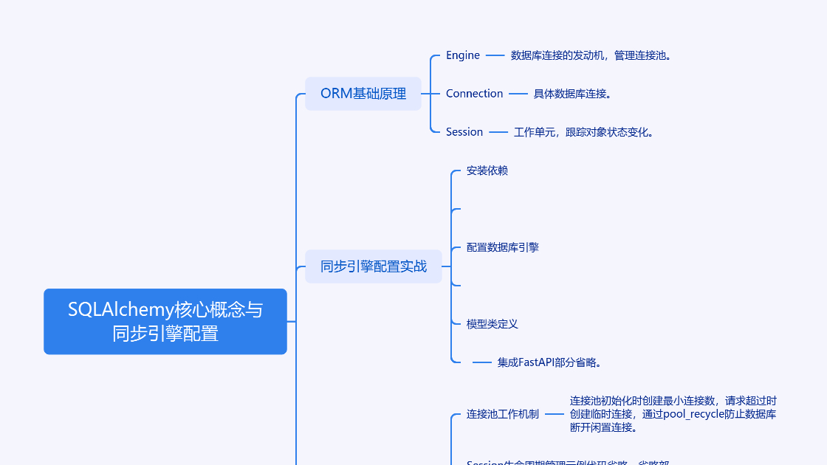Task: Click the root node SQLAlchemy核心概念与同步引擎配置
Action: [x=165, y=321]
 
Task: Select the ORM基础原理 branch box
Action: [x=363, y=94]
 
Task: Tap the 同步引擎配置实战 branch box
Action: [x=373, y=266]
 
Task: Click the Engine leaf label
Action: [x=463, y=55]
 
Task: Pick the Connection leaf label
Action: [x=474, y=94]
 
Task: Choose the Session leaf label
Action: [x=464, y=132]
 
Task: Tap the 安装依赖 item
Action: [x=487, y=170]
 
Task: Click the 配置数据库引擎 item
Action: [x=503, y=247]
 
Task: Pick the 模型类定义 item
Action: [x=493, y=324]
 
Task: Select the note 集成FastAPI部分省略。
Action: [x=550, y=362]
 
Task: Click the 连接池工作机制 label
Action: [x=503, y=414]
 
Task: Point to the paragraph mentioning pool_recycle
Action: [x=673, y=414]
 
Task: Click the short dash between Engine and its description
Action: [x=495, y=55]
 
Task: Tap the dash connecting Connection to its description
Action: [x=518, y=94]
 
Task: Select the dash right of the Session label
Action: [x=498, y=132]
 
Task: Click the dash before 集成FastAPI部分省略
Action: [x=482, y=362]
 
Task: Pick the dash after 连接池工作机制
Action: [x=555, y=414]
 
